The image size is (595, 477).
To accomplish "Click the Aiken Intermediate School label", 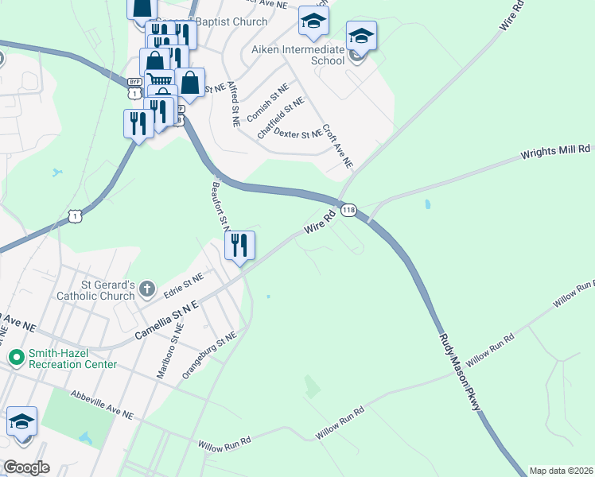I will [x=298, y=55].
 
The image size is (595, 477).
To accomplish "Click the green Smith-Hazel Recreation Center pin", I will [x=15, y=358].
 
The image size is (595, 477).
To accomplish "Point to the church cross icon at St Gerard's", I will [x=146, y=287].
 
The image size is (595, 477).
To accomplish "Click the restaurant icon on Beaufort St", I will [x=239, y=245].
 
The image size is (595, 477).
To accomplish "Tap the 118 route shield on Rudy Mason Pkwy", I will [x=348, y=211].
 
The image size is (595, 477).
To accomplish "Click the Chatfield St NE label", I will [x=280, y=119].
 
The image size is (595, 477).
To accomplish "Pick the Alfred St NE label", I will [x=233, y=104].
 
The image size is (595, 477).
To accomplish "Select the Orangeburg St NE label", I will [x=209, y=355].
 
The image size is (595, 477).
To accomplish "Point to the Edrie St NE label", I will [x=184, y=284].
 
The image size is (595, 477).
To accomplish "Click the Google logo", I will [x=26, y=467].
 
